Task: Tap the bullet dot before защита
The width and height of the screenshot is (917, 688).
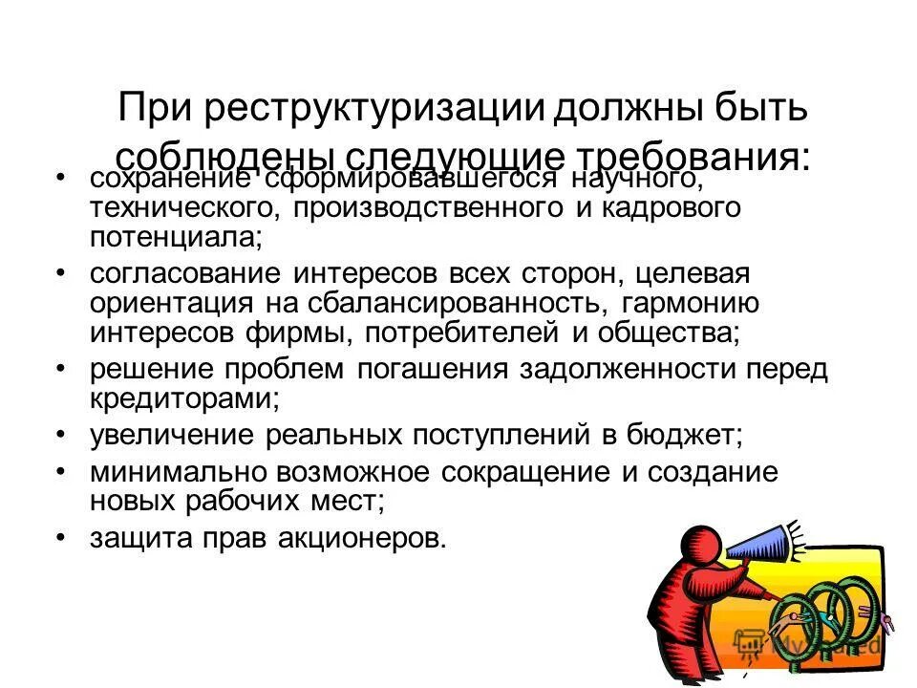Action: click(x=61, y=538)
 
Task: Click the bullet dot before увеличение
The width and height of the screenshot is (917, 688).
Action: click(x=61, y=435)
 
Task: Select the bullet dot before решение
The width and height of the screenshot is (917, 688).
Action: click(x=61, y=369)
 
